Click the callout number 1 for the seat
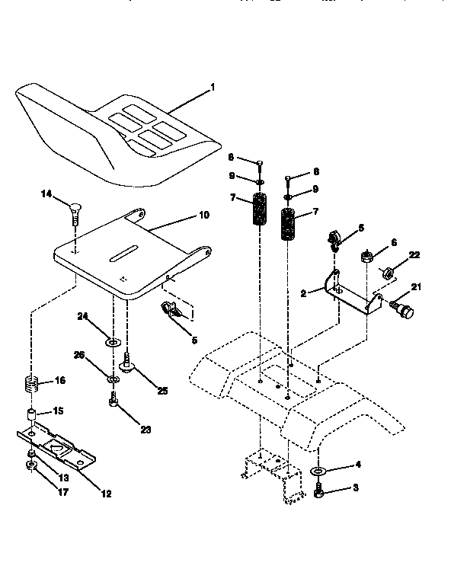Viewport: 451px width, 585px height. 213,88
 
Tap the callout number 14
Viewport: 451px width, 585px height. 46,196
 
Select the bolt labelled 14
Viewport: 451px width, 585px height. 75,210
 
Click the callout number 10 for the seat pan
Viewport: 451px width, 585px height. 203,215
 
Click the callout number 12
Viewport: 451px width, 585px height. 105,494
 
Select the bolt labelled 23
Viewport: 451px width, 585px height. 114,401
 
